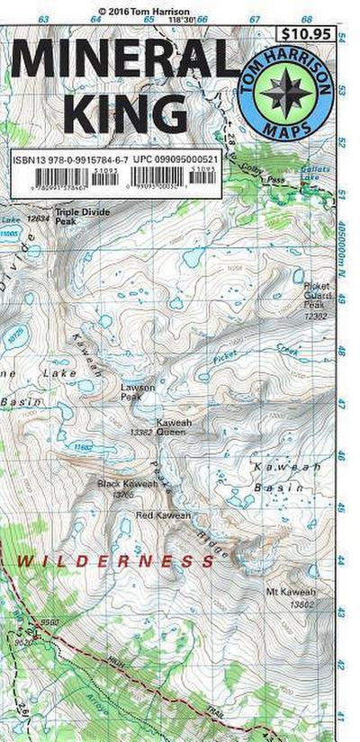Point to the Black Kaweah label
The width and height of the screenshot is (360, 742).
(x=127, y=484)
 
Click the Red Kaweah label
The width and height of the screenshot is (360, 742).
(x=163, y=515)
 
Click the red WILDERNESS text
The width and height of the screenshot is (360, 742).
(x=117, y=560)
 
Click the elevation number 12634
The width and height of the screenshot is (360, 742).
(x=38, y=218)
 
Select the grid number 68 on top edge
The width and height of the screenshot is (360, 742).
(x=307, y=18)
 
